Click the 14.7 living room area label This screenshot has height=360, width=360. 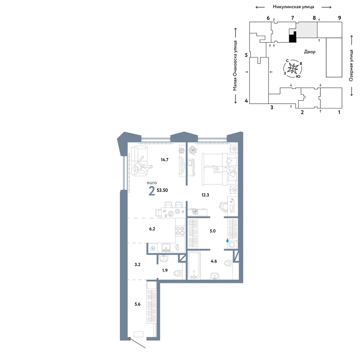[x=165, y=159]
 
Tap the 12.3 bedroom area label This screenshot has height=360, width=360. [x=205, y=195]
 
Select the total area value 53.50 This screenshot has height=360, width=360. [x=162, y=190]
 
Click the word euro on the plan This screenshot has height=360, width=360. [x=152, y=183]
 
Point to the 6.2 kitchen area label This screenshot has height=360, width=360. [x=152, y=229]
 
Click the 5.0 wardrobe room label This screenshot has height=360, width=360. [x=213, y=231]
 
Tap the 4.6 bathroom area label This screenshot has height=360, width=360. [x=214, y=261]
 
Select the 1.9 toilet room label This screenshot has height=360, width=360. [x=165, y=270]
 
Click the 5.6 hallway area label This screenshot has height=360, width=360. [x=138, y=304]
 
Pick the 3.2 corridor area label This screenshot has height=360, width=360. [x=138, y=265]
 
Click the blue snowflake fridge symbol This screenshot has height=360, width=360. [x=153, y=248]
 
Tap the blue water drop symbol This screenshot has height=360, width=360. [x=228, y=240]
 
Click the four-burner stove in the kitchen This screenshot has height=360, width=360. [x=180, y=231]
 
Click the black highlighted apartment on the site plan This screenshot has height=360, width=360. [x=292, y=37]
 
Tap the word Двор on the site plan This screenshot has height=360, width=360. [x=310, y=51]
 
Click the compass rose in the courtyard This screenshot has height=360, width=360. [x=293, y=68]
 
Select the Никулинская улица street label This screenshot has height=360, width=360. [x=293, y=7]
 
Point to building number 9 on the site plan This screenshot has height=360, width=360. [x=339, y=18]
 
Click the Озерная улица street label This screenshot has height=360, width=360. [x=351, y=66]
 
